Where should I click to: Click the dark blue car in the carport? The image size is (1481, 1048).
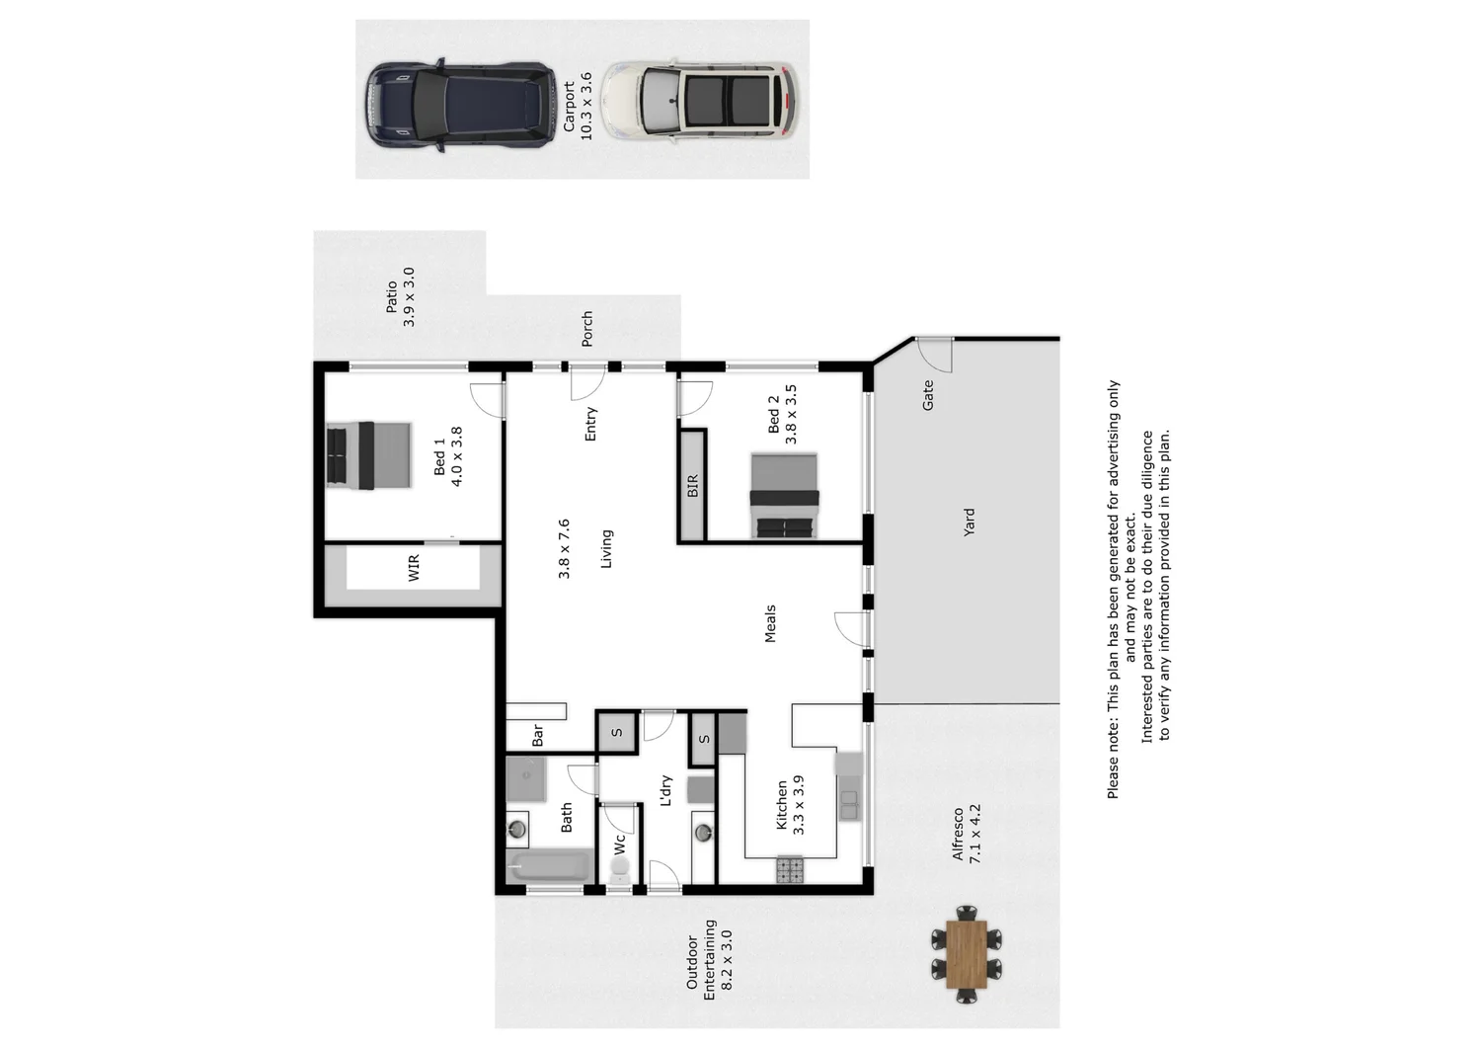(x=460, y=106)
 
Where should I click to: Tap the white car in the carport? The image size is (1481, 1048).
(x=700, y=99)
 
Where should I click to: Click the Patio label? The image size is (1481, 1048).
(x=392, y=297)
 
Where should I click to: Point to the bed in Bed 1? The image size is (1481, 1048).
(x=368, y=455)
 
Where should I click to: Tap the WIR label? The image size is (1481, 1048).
(x=414, y=568)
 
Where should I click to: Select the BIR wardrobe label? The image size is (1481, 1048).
(x=692, y=486)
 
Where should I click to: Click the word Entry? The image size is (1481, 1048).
(x=590, y=424)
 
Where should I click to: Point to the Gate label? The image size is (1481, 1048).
(x=927, y=396)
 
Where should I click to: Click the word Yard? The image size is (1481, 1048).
(x=969, y=522)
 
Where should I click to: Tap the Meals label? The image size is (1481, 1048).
(x=770, y=623)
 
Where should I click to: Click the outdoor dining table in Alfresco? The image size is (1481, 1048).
(x=966, y=954)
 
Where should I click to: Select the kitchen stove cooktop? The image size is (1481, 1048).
(x=790, y=869)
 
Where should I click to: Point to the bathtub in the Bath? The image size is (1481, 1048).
(x=549, y=868)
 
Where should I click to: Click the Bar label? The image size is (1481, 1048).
(x=538, y=736)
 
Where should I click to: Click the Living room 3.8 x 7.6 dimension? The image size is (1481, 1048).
(x=564, y=548)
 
